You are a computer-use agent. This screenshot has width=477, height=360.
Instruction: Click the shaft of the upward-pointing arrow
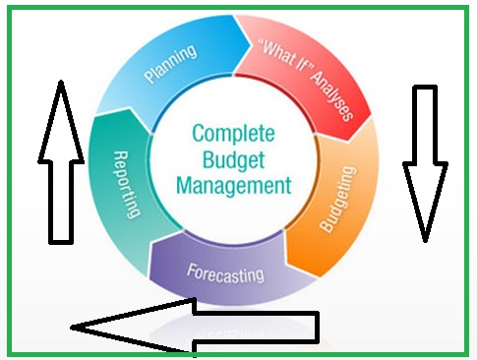[x=60, y=197]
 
